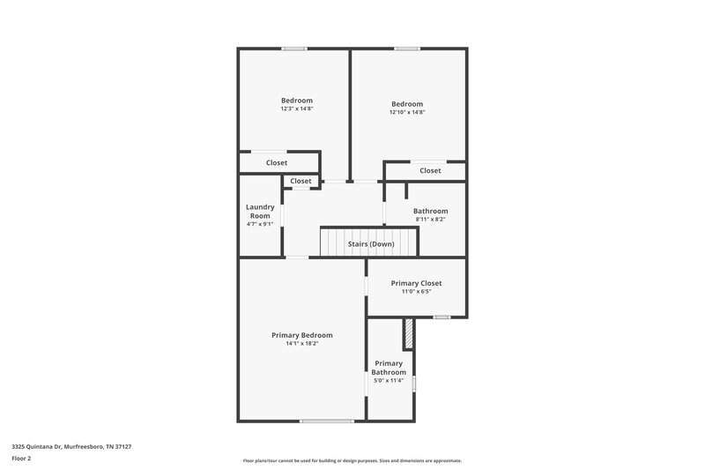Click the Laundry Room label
260,212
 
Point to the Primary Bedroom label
302,335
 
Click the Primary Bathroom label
389,368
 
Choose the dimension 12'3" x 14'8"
297,109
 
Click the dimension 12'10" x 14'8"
407,112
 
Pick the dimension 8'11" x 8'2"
431,220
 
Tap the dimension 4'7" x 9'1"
260,224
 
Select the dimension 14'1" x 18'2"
302,344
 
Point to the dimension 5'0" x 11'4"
389,381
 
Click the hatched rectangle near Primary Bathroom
408,333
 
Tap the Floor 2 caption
21,459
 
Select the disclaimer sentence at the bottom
352,460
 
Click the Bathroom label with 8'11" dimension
431,211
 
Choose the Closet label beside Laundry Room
301,181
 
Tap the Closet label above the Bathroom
430,170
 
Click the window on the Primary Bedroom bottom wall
327,421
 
